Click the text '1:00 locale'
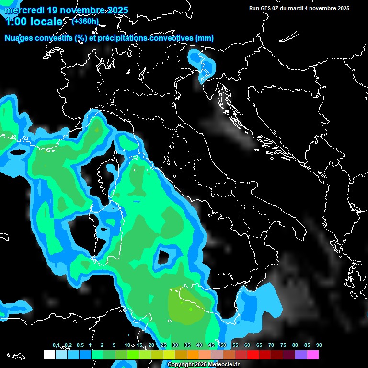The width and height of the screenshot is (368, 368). click(x=34, y=22)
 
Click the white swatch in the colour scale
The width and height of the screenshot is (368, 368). click(x=49, y=355)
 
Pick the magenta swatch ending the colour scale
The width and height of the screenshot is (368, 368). click(x=313, y=355)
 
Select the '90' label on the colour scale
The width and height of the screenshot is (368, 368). click(x=319, y=345)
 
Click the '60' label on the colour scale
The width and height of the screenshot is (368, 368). click(x=247, y=345)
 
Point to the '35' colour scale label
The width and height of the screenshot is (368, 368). click(x=187, y=345)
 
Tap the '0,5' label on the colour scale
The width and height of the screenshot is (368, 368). click(x=80, y=345)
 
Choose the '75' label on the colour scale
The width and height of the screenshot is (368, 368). click(x=283, y=345)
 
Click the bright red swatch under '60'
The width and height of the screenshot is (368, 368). click(x=253, y=355)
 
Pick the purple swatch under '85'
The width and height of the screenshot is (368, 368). click(x=301, y=355)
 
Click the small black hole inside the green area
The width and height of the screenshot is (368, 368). click(x=164, y=257)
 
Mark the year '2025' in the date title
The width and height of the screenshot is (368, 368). click(x=117, y=10)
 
